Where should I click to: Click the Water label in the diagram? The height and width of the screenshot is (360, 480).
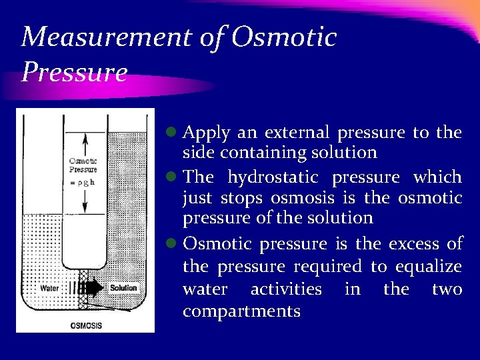click(x=49, y=289)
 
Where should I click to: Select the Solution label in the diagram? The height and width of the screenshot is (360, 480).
click(x=123, y=288)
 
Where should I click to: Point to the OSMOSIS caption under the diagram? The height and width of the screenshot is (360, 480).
click(x=86, y=325)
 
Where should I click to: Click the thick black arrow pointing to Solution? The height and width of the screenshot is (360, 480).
click(x=93, y=288)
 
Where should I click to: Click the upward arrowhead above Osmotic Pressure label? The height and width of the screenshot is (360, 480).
click(x=84, y=139)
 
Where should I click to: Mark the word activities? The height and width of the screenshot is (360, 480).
click(x=285, y=289)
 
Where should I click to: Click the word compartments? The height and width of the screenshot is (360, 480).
click(x=241, y=311)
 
